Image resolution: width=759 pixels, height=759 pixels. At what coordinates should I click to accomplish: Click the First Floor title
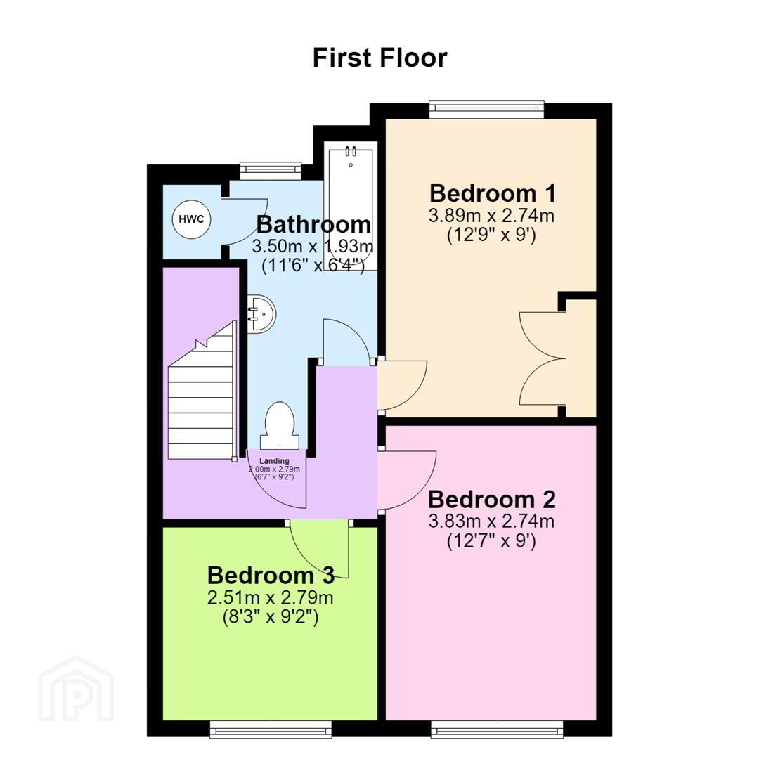379,58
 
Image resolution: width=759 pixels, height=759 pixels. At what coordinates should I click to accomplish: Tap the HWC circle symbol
192,219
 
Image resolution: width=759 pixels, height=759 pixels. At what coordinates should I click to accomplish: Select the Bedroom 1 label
492,193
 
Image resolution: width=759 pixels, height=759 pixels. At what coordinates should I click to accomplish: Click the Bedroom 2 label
492,499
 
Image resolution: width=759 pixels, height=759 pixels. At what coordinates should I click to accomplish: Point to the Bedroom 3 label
271,576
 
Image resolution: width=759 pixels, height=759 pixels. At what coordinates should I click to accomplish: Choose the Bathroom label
313,225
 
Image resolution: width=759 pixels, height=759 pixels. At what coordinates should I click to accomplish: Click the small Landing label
274,461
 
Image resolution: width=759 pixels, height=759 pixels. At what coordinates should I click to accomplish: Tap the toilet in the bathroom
280,425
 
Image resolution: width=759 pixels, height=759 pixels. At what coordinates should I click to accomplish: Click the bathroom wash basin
262,313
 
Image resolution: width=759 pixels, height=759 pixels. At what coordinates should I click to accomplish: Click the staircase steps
202,389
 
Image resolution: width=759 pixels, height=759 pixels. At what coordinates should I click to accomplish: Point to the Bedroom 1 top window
487,108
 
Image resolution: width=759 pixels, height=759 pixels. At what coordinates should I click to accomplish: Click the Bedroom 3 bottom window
271,729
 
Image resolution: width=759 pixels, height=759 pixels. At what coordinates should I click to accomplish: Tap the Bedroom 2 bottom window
498,729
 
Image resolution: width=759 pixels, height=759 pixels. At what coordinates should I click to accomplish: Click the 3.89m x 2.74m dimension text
491,216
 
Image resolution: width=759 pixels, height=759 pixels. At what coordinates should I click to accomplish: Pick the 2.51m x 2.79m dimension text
270,598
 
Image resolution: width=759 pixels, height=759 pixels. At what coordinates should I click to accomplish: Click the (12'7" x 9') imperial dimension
491,540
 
